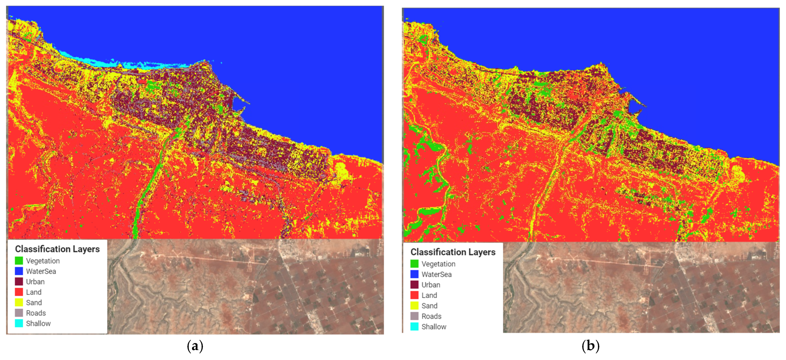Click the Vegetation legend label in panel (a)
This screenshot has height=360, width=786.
click(x=43, y=261)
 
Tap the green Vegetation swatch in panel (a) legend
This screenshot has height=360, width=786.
click(x=19, y=261)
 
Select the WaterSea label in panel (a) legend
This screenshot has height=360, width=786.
click(x=41, y=271)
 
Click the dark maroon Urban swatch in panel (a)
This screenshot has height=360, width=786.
click(x=19, y=282)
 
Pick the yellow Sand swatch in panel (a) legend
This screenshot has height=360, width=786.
click(x=19, y=303)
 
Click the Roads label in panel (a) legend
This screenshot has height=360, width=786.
click(x=36, y=313)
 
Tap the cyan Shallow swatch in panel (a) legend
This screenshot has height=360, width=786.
click(x=19, y=323)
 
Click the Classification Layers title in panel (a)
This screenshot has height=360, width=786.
click(x=57, y=249)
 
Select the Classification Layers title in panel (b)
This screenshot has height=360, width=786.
click(x=453, y=252)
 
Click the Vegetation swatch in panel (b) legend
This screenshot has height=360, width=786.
click(x=414, y=264)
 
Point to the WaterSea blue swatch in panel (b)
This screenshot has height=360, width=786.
click(x=414, y=274)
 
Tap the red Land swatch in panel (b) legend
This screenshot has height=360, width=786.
click(x=414, y=295)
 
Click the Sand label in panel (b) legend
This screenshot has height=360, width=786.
click(x=429, y=306)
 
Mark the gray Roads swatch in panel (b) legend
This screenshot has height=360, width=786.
click(x=414, y=316)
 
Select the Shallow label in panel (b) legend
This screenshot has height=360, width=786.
click(x=434, y=327)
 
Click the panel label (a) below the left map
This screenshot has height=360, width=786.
click(x=195, y=346)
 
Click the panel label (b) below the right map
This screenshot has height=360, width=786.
click(x=590, y=346)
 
